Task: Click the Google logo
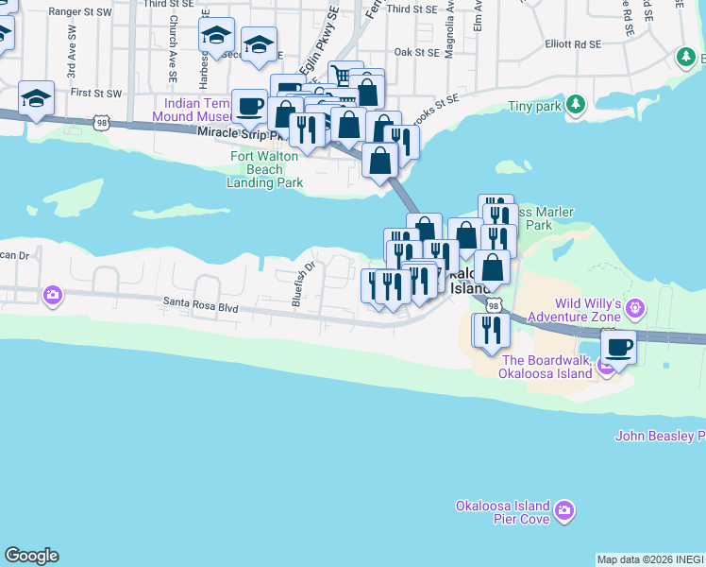point(31,556)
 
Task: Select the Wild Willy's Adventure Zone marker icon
point(635,307)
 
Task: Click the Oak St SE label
point(416,53)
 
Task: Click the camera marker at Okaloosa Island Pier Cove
point(564,511)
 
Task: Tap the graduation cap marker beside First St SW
point(37,99)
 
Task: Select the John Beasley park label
point(660,436)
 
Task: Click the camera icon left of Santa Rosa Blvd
point(52,296)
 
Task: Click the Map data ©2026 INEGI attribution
point(650,559)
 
